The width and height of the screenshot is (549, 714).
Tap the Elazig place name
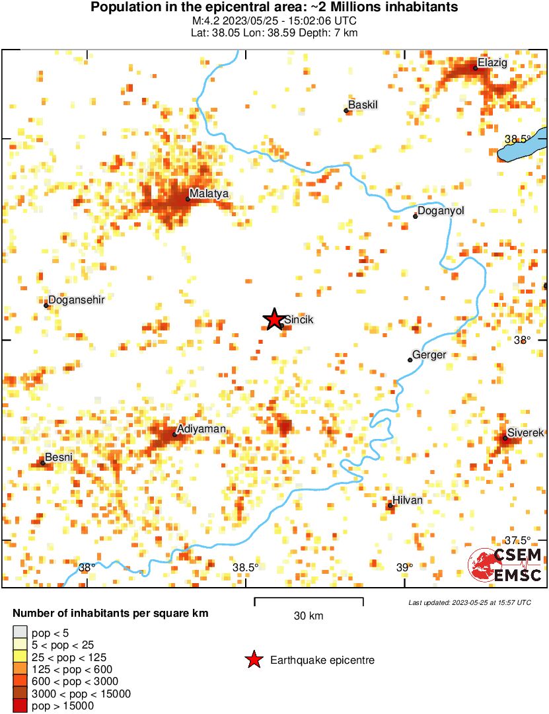point(492,63)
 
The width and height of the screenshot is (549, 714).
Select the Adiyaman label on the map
point(201,429)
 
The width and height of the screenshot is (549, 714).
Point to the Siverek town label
point(525,432)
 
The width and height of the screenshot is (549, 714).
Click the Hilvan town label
point(408,500)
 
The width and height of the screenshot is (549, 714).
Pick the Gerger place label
point(429,355)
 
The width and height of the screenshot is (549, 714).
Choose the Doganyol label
point(442,211)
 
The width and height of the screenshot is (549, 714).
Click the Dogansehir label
point(77,299)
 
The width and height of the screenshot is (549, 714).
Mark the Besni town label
point(58,457)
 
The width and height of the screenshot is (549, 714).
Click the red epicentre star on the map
point(274,319)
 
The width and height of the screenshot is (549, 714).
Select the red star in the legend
point(253,659)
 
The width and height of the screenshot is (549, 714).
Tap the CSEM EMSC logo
point(505,566)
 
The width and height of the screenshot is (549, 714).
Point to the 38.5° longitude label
point(246,567)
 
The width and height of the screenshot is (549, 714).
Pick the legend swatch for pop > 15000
point(20,706)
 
